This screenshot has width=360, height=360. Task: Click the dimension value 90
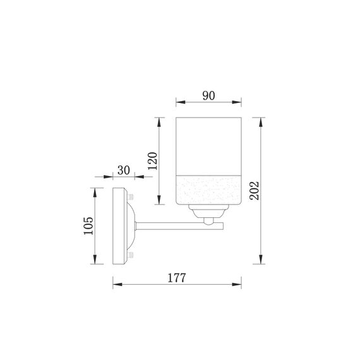(x=208, y=95)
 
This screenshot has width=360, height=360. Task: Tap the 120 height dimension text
(x=151, y=163)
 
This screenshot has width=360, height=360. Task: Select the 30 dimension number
(x=123, y=171)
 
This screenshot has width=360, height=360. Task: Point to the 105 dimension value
(x=88, y=226)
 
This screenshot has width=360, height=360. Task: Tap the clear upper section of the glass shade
(x=208, y=145)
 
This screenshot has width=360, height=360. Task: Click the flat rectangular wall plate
(x=119, y=225)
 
